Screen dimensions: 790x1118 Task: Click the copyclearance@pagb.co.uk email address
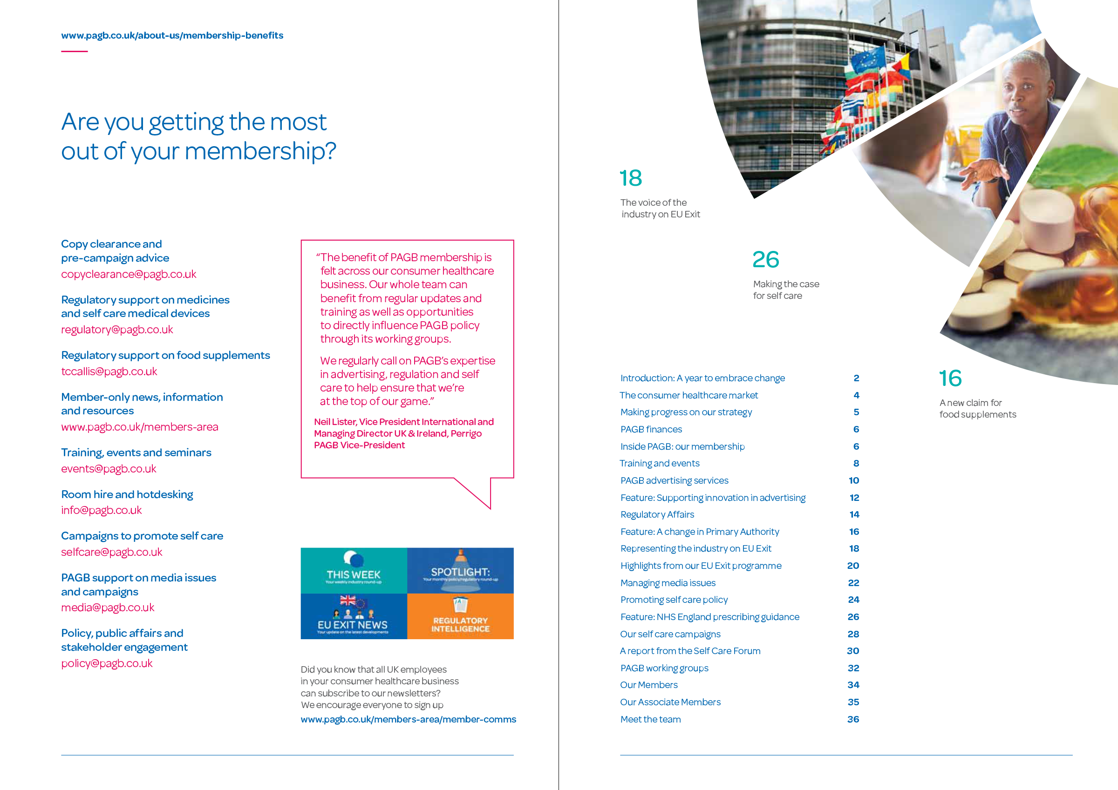[129, 274]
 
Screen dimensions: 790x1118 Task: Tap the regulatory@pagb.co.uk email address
[117, 330]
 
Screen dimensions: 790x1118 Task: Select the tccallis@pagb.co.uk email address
[109, 371]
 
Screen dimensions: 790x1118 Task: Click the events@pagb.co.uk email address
[109, 469]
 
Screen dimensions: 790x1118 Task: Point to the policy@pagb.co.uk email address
[107, 663]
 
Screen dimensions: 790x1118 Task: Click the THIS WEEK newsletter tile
[354, 570]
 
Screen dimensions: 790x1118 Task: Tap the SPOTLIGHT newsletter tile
[460, 570]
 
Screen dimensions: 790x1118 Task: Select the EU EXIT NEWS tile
[354, 616]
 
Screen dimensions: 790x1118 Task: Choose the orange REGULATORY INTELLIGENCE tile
[460, 616]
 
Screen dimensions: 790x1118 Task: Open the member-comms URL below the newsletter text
[408, 719]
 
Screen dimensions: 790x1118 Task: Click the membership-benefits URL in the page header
[172, 35]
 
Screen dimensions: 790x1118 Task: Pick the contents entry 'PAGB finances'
[651, 429]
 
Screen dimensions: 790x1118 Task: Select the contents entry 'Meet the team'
[651, 719]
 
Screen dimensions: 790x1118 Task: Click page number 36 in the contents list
[852, 719]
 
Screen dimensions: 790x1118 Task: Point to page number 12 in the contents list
[854, 498]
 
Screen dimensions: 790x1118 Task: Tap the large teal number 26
[765, 259]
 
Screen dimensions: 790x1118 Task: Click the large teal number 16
[950, 378]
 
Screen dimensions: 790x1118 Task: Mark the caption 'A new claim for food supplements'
[977, 408]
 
